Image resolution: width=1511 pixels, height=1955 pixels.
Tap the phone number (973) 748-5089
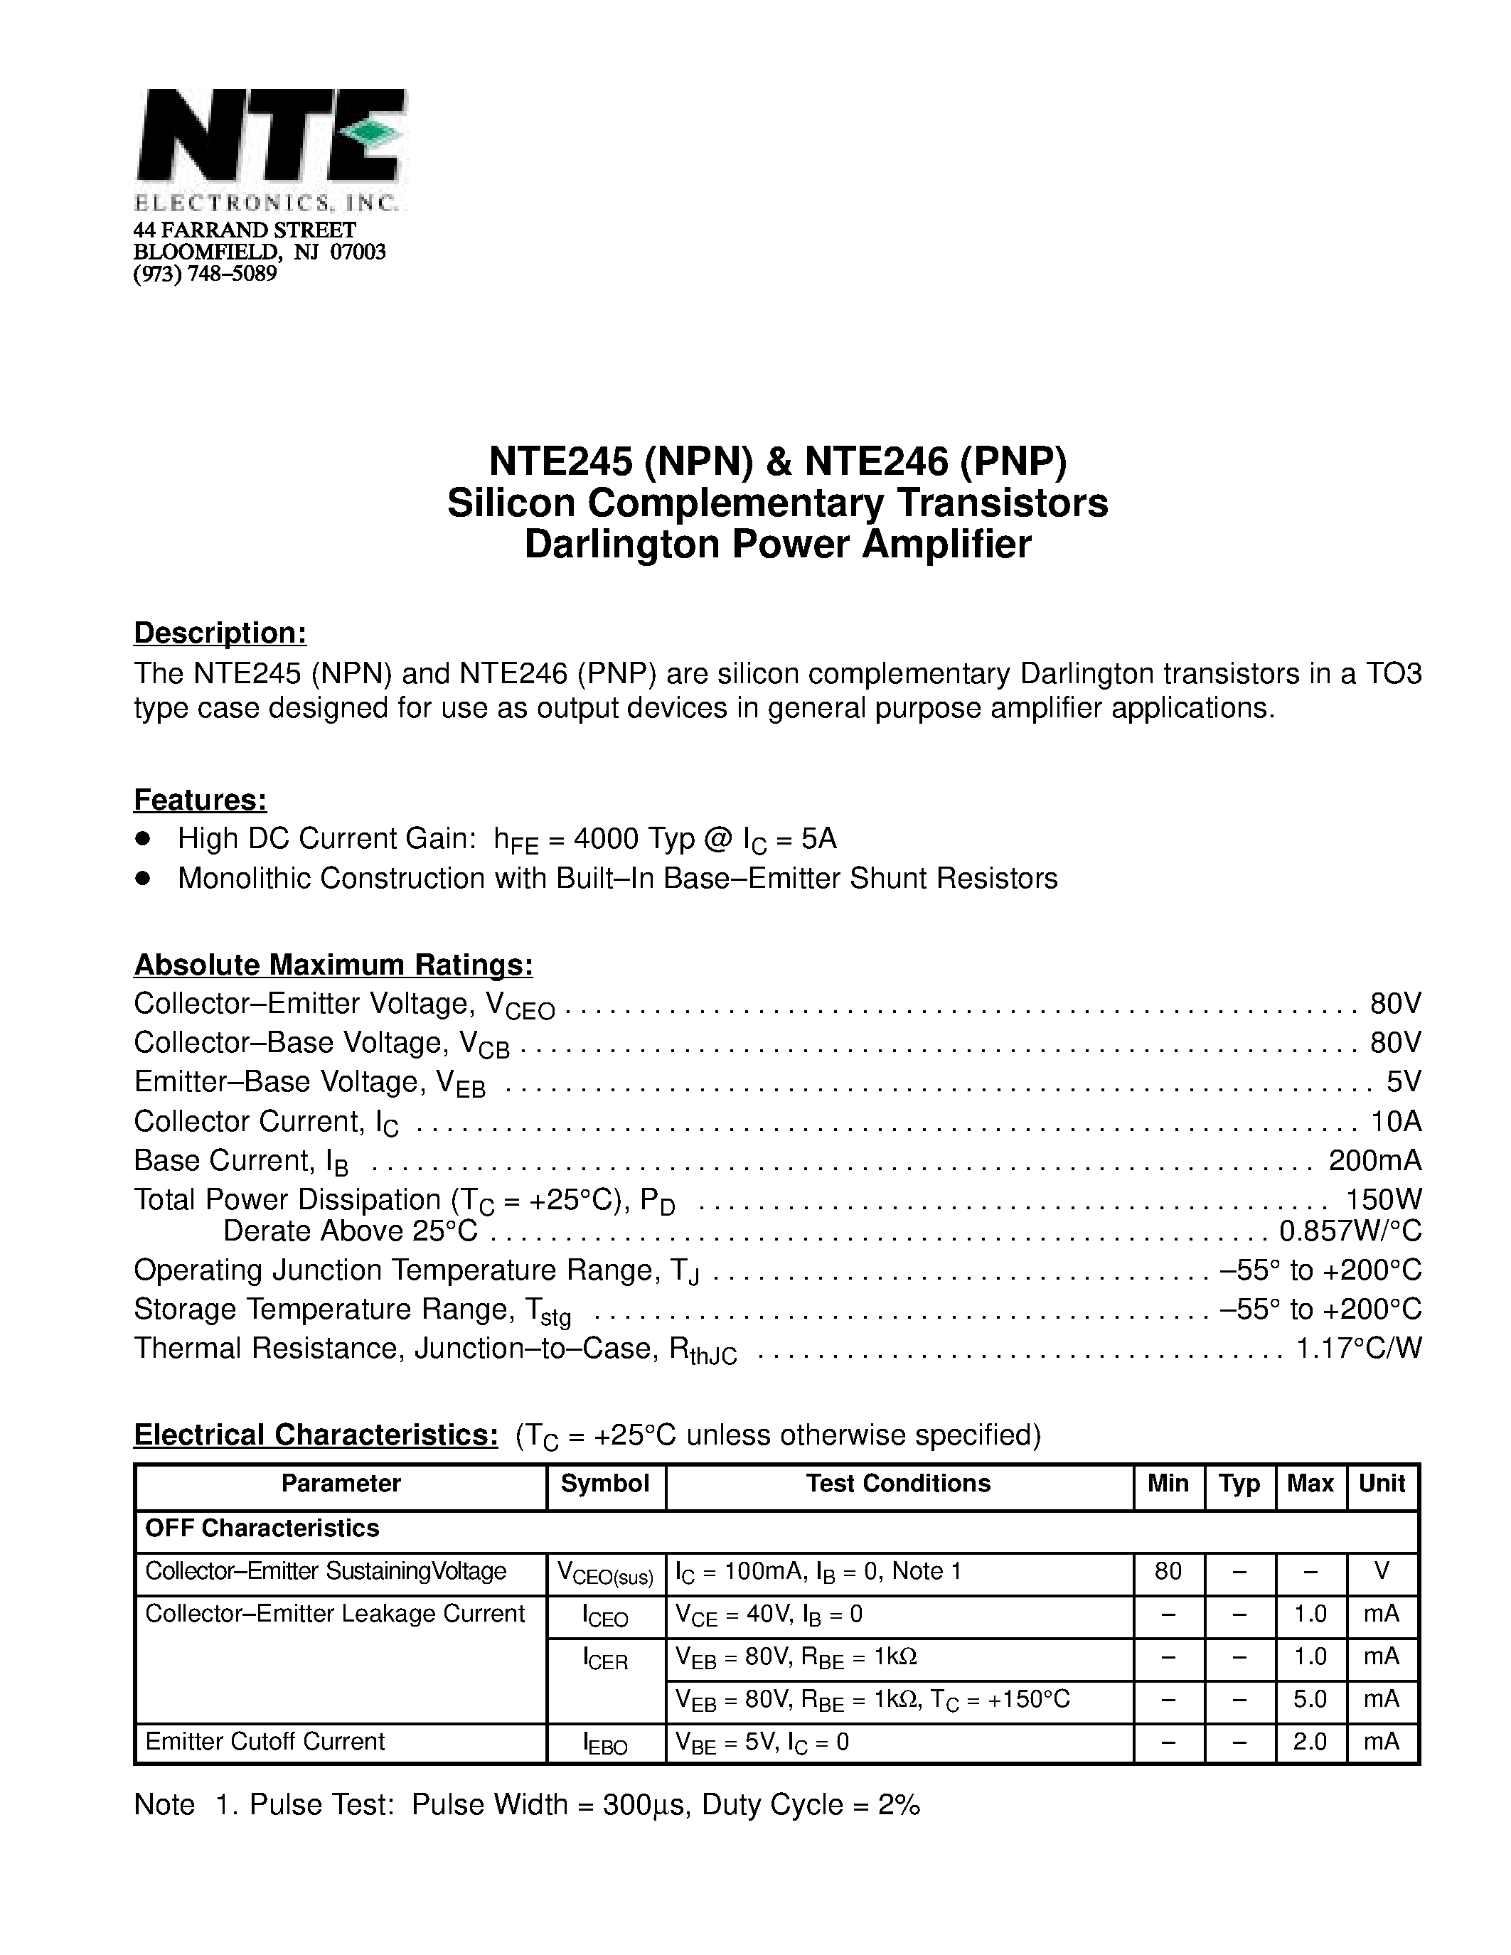tap(205, 274)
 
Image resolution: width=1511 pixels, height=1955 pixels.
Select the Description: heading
tap(220, 633)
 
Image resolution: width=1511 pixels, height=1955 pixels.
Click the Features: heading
tap(201, 799)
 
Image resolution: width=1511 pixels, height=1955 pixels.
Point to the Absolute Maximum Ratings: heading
tap(333, 965)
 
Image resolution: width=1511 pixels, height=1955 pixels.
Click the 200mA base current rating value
tap(1375, 1160)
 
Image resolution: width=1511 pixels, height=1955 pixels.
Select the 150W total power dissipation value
tap(1384, 1199)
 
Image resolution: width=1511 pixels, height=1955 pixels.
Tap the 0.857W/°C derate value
tap(1350, 1232)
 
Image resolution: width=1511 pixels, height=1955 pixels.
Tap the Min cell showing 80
tap(1168, 1571)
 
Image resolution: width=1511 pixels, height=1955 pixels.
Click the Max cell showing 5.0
tap(1310, 1699)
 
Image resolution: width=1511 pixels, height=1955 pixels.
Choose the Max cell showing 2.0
tap(1310, 1741)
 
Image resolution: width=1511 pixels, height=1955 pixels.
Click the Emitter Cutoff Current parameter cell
tap(265, 1741)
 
